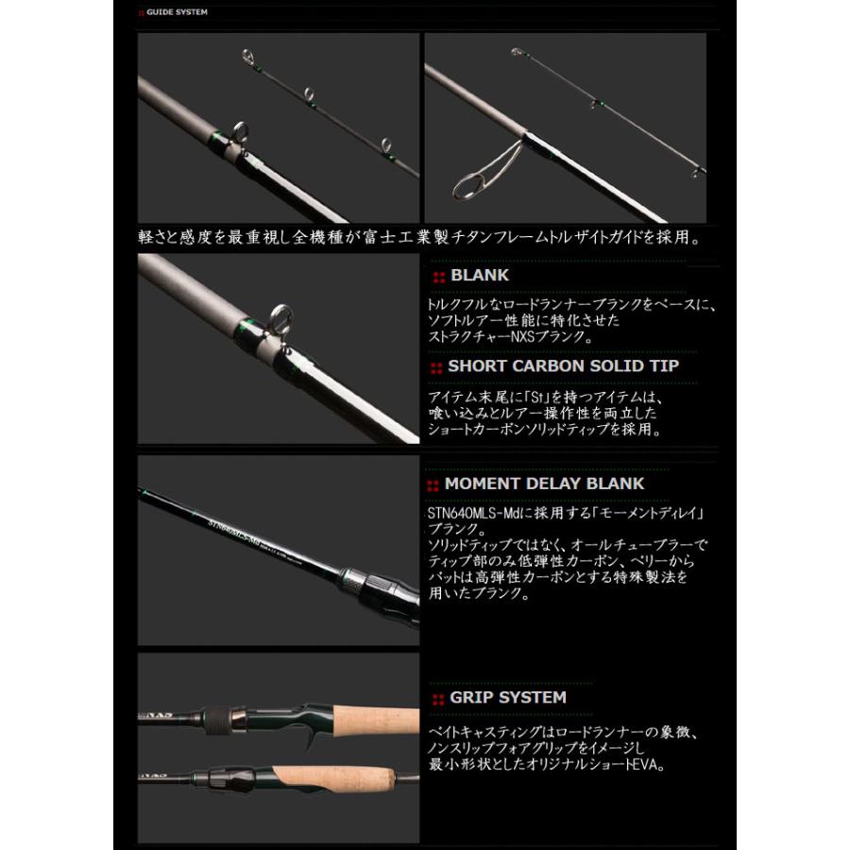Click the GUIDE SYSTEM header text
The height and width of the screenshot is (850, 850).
[x=177, y=12]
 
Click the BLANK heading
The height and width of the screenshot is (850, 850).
[x=480, y=276]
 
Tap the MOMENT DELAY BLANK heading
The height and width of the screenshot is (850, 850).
[x=544, y=484]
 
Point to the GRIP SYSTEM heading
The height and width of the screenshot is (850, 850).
[x=508, y=698]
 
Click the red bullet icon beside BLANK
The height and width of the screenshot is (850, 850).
[x=437, y=277]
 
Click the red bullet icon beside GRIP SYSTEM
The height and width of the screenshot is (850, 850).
[x=437, y=699]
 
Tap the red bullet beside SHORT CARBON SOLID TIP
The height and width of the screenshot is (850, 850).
[x=435, y=366]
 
